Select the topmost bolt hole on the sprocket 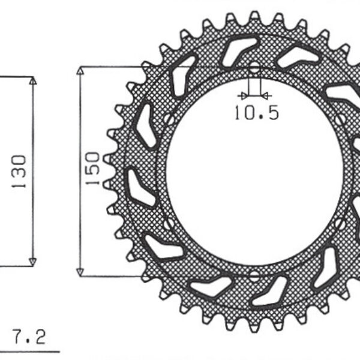[x=254, y=67]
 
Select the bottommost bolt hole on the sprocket [x=254, y=277]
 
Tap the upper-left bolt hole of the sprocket [x=170, y=119]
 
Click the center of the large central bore [x=254, y=172]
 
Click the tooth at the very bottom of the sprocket [x=254, y=328]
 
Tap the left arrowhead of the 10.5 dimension [x=243, y=95]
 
